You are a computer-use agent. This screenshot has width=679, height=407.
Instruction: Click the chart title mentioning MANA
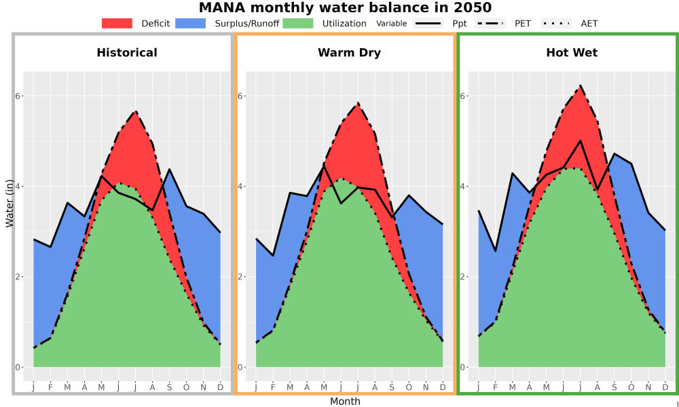tap(345, 7)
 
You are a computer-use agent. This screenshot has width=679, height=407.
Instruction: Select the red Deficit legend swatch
tap(117, 23)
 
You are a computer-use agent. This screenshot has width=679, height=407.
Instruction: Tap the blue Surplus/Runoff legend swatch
tap(191, 23)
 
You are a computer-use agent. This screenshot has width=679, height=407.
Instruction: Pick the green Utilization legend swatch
tap(298, 23)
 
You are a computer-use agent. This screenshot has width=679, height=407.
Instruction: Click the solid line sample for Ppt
tap(428, 23)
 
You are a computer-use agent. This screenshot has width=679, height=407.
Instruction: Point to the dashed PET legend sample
tap(490, 23)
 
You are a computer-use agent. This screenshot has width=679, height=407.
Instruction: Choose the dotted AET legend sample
tap(557, 23)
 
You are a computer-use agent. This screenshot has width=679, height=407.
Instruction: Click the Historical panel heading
tap(127, 53)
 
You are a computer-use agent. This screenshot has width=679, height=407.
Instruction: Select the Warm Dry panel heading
tap(350, 53)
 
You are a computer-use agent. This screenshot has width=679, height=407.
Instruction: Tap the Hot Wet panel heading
tap(572, 53)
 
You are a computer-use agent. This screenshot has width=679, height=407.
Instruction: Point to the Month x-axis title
tap(345, 402)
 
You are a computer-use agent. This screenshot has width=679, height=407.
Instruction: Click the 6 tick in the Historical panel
tap(18, 96)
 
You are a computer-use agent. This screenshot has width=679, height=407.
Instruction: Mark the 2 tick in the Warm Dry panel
tap(240, 277)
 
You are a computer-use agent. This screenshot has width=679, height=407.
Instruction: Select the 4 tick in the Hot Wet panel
tap(462, 187)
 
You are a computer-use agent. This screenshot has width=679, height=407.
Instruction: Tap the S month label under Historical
tap(169, 387)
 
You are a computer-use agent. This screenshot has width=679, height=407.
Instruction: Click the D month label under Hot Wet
tap(665, 387)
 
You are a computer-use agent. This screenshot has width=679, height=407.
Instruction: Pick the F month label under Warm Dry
tap(273, 387)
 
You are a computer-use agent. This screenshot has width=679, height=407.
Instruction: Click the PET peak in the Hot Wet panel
tap(581, 85)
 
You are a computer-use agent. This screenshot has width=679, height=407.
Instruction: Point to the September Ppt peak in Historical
tap(169, 169)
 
